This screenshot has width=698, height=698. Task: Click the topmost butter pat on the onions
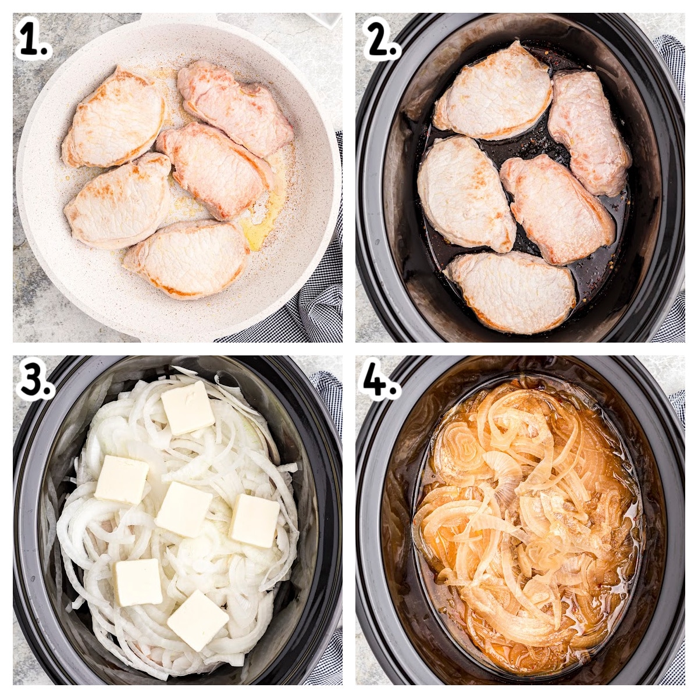point(187,408)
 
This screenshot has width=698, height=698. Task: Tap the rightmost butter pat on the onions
point(255,521)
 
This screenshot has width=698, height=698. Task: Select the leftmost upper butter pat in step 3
point(122,479)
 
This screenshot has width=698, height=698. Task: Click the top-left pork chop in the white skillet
point(113,116)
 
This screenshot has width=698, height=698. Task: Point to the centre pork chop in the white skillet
point(215,169)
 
